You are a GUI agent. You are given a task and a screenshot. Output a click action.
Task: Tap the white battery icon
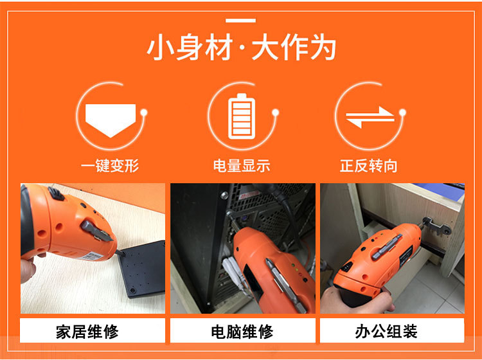241,116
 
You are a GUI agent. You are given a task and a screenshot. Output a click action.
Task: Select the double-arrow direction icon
369,116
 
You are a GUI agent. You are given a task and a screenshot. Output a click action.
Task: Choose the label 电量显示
241,166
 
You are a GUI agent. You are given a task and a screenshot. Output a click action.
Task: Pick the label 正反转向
369,166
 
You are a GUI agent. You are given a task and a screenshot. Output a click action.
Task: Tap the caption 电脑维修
242,332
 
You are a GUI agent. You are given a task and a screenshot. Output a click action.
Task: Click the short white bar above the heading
241,21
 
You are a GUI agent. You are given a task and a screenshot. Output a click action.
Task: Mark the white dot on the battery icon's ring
275,113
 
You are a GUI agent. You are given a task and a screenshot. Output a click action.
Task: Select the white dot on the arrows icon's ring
403,113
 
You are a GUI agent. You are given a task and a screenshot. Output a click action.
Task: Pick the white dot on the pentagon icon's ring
145,113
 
